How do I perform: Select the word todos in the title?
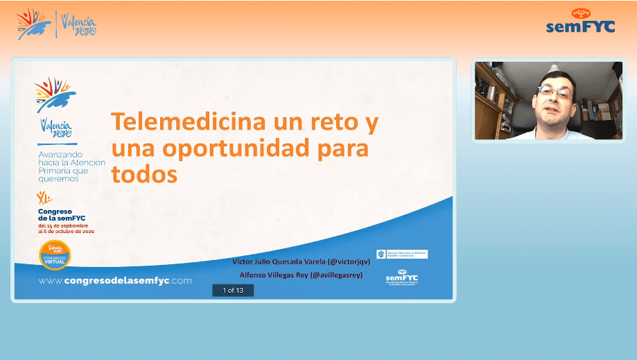tap(144, 174)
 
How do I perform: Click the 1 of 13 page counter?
tap(233, 291)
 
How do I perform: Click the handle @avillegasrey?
tap(336, 275)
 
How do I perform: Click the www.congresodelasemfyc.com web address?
tap(115, 280)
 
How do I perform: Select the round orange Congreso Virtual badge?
tap(55, 255)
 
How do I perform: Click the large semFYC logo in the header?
tap(580, 22)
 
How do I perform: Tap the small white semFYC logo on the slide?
tap(402, 277)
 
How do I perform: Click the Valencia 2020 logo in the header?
tap(78, 25)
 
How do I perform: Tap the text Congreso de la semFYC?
tap(62, 214)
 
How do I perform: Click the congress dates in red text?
tap(66, 228)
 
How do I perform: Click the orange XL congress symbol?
tap(44, 198)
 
